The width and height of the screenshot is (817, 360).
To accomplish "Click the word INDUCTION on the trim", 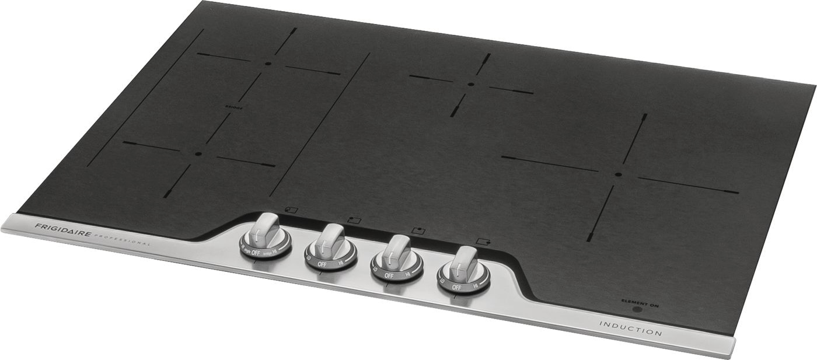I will [x=630, y=328].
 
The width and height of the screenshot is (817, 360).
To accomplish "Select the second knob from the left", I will [x=330, y=241].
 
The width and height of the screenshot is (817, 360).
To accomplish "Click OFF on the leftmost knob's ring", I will [x=256, y=253].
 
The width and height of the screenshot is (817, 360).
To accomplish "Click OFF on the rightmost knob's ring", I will [x=457, y=287].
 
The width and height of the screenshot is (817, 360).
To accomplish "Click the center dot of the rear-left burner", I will [x=268, y=64].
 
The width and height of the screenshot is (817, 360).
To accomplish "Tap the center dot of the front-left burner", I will [x=198, y=154].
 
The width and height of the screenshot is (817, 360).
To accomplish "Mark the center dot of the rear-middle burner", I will [x=471, y=85].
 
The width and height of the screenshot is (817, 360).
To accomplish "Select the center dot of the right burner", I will [x=618, y=174].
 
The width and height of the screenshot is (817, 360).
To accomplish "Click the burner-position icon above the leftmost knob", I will [x=292, y=209].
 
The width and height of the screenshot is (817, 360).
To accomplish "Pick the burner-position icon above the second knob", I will [x=354, y=219].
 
